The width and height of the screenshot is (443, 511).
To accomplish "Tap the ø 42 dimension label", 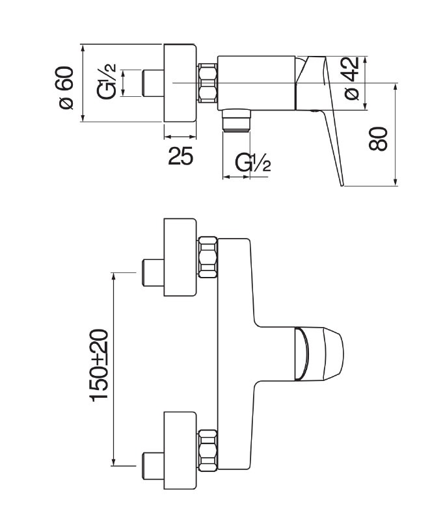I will [351, 78].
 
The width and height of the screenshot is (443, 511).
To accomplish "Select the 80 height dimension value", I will [379, 138].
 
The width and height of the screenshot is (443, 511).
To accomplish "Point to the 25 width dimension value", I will [180, 156].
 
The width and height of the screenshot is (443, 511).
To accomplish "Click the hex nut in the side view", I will [207, 82].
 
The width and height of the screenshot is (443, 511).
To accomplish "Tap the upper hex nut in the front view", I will [208, 256].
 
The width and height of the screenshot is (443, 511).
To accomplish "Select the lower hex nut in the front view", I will [208, 449].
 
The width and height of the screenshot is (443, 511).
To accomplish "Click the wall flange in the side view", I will [180, 82].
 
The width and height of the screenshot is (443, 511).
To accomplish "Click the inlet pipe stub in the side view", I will [152, 83].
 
